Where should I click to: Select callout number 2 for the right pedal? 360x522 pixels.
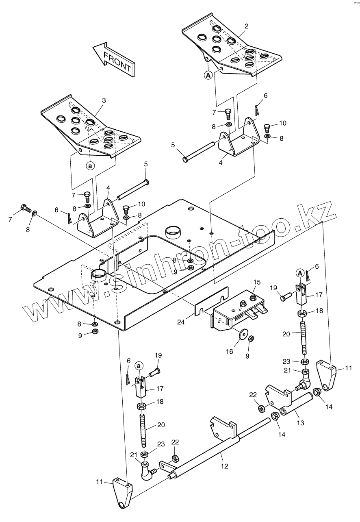[247, 26]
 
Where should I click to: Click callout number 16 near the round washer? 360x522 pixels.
[230, 351]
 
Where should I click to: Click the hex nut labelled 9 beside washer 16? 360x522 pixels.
[251, 338]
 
